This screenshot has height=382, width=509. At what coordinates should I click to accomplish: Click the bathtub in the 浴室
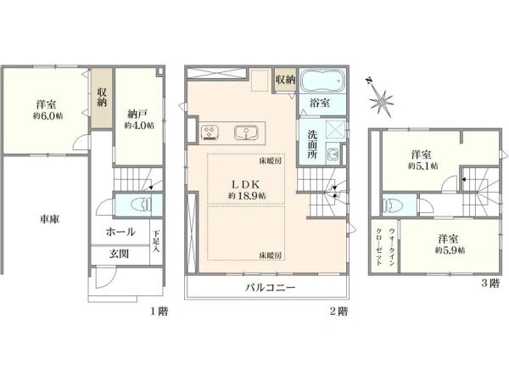coord(322,81)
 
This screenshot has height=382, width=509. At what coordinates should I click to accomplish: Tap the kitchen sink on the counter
coord(246,133)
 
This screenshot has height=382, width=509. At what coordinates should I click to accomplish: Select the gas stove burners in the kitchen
coord(210,132)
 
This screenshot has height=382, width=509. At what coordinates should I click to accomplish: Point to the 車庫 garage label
coord(50,219)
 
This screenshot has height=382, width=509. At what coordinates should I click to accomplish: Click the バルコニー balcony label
coord(270,288)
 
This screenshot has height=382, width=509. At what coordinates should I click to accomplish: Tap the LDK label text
coord(245,184)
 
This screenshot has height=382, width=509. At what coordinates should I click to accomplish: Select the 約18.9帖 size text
coord(247,196)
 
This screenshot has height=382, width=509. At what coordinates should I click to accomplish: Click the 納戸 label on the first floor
coord(138,114)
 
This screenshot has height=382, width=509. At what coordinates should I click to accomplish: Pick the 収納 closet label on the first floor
coord(102,98)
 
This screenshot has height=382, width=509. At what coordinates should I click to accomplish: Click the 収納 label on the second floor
coord(286,79)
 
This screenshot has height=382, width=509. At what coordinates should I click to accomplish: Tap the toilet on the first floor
coord(141,205)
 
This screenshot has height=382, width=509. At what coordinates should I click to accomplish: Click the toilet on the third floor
coord(392,205)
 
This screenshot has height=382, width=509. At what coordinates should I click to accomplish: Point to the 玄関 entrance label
coord(119,254)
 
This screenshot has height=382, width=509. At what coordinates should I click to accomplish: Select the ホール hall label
coord(120,232)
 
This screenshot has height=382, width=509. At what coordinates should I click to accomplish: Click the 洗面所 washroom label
coord(312,144)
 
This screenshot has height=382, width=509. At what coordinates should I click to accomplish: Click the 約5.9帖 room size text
coord(450,250)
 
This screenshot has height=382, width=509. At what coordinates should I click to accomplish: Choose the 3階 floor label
coord(489,284)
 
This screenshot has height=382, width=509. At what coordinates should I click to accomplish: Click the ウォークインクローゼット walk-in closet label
coord(385,247)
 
